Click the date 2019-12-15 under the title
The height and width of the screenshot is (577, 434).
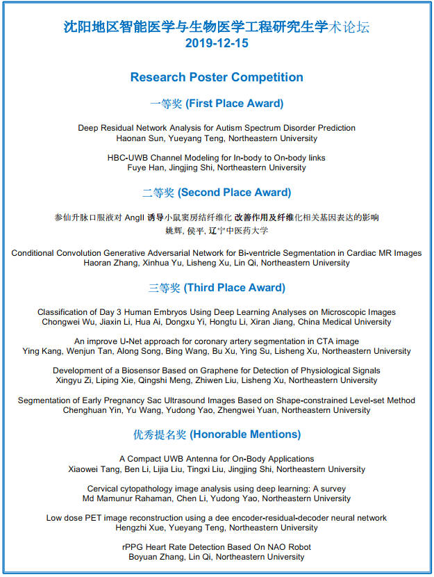[x=217, y=44]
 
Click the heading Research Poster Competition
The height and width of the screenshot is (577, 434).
[x=217, y=77]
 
